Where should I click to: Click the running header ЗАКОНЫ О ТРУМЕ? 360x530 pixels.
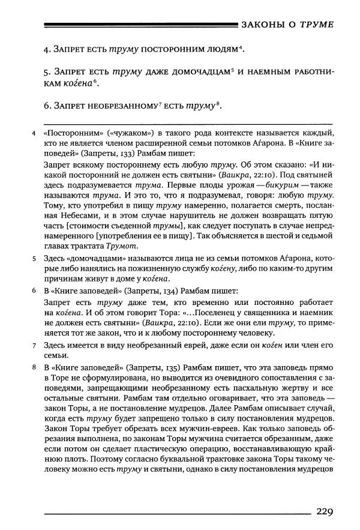pyautogui.click(x=287, y=25)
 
